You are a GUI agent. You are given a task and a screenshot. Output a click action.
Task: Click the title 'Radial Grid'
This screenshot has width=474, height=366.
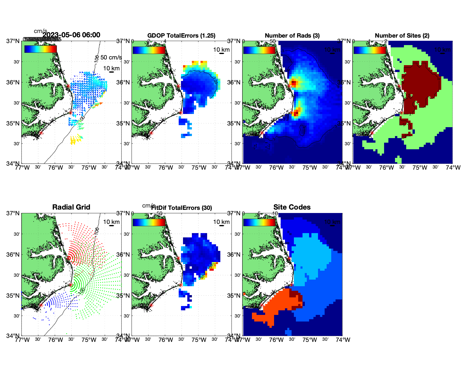tap(71, 207)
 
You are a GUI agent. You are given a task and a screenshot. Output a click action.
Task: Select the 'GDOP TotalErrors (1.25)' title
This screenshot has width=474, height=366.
tap(181, 36)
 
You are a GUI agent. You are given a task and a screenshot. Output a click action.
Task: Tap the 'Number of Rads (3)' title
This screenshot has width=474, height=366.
tap(292, 36)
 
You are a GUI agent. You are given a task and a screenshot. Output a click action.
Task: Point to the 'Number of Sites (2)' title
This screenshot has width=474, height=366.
tap(402, 36)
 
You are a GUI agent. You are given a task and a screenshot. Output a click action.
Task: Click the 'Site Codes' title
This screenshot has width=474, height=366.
tap(292, 207)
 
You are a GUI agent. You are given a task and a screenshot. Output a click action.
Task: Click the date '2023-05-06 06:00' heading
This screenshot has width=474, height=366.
tap(71, 35)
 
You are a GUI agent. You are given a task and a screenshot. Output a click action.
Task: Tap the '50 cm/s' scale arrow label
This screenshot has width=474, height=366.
tap(111, 57)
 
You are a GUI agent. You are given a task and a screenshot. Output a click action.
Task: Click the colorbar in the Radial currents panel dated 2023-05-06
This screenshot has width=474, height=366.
tap(41, 49)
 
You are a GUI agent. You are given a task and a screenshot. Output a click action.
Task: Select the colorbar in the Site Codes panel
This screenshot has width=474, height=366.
tap(259, 222)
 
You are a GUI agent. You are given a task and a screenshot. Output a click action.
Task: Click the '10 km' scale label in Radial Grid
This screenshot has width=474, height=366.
tap(111, 222)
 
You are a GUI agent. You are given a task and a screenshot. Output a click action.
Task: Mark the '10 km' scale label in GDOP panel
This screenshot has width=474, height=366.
tap(221, 50)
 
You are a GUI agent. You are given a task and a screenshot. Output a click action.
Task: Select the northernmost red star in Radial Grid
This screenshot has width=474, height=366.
tap(68, 258)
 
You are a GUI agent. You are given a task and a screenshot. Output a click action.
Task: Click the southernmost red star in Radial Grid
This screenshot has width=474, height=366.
tap(41, 305)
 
